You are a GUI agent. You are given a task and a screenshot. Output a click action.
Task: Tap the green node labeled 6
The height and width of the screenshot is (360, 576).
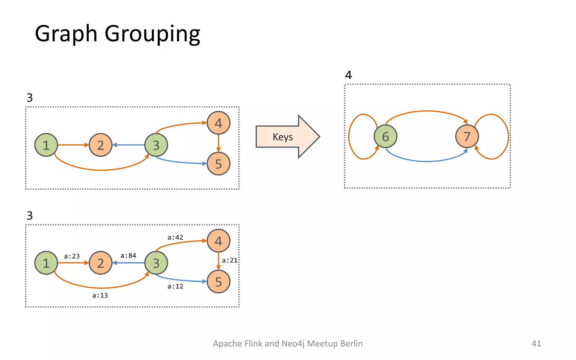tap(385, 136)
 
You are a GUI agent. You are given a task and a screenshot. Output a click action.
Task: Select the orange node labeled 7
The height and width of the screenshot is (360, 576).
tap(467, 136)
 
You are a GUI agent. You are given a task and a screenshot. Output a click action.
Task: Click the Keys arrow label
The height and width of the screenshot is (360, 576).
tap(283, 137)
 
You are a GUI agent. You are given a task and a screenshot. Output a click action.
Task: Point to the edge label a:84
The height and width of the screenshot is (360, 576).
tap(128, 255)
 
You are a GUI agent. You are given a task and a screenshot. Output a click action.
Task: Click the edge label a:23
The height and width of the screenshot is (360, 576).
tap(72, 256)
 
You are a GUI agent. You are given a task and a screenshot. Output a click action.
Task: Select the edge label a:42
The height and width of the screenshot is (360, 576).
tap(175, 237)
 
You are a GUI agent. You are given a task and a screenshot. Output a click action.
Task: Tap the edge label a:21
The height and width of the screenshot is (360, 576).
tap(229, 260)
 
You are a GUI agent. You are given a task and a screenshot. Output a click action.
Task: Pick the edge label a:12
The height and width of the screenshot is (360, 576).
tap(175, 286)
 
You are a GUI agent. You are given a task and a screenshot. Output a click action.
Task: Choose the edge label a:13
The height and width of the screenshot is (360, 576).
tap(100, 295)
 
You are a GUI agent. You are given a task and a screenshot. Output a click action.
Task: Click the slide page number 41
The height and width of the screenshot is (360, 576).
tap(536, 343)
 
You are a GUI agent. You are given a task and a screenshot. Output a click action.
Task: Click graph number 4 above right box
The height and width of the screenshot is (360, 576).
tap(348, 75)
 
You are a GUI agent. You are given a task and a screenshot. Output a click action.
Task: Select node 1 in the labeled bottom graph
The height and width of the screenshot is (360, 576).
tap(46, 263)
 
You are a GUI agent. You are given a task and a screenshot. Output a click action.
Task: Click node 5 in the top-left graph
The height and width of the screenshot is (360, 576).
tap(219, 164)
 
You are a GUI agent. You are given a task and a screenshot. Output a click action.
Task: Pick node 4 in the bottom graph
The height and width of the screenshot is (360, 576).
tap(219, 241)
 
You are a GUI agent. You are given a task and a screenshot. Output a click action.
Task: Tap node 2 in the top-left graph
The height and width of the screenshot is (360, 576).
tap(100, 145)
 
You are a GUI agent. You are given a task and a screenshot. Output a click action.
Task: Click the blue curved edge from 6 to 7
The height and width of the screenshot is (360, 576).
tap(427, 161)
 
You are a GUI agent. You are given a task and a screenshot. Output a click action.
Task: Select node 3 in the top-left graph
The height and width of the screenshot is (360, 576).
tap(156, 145)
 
